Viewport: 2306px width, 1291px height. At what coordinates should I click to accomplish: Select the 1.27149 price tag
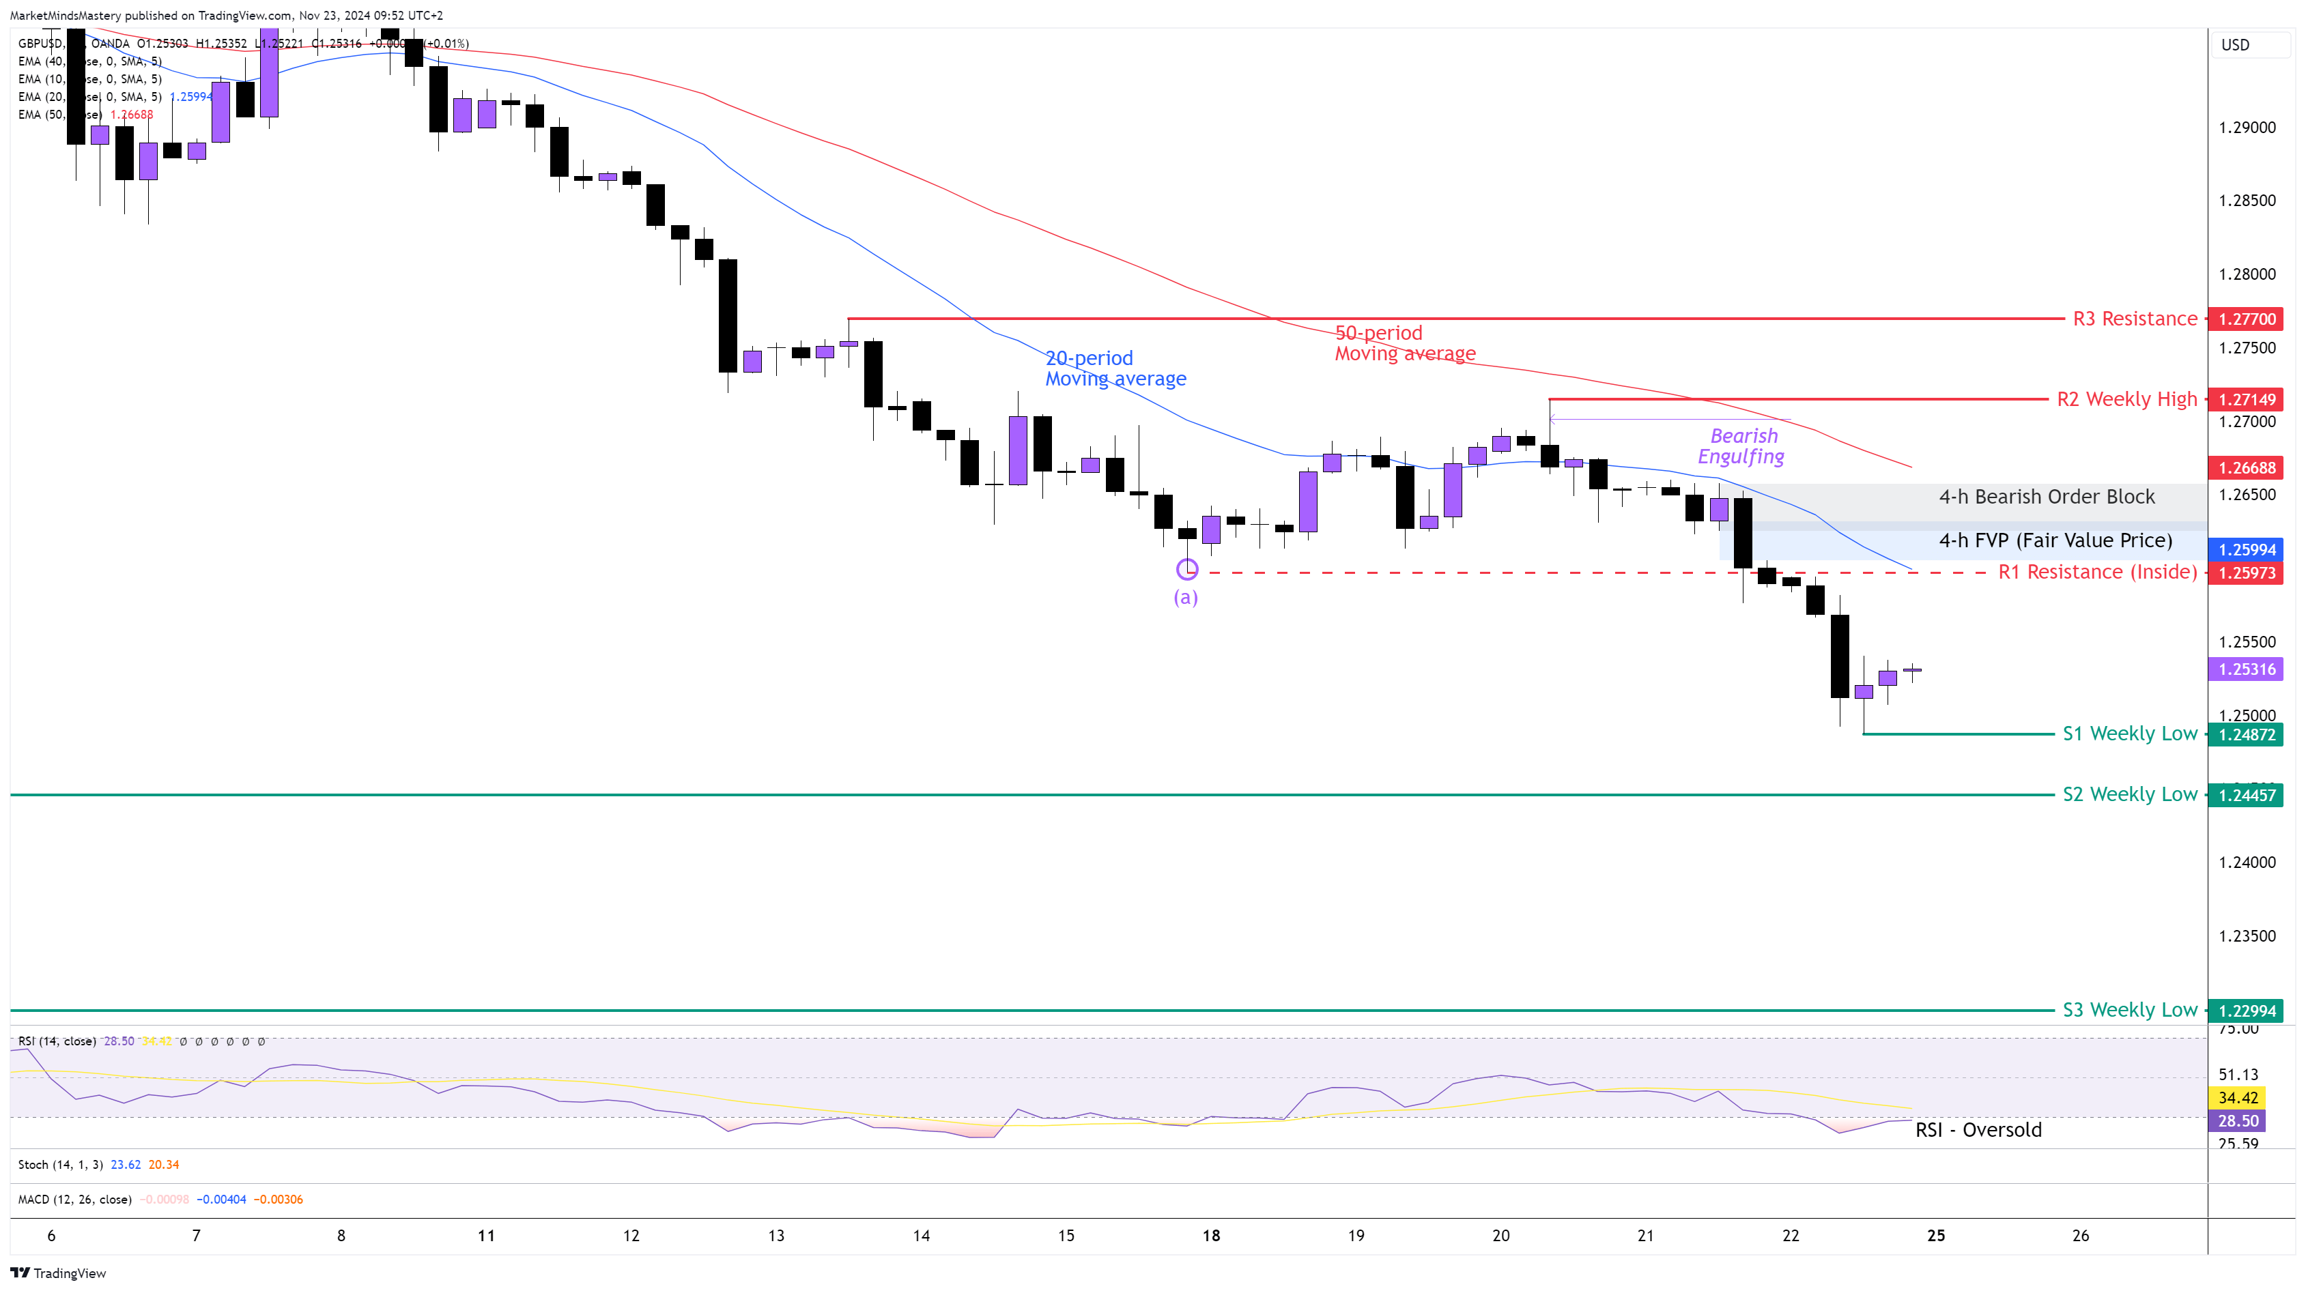tap(2246, 399)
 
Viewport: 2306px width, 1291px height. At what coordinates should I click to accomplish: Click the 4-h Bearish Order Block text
tap(2047, 497)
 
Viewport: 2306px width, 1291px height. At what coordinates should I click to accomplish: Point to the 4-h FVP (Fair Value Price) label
tap(2055, 540)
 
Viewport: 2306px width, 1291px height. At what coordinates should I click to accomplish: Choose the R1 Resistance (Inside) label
tap(2097, 572)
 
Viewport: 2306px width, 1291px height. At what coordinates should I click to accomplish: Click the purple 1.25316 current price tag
tap(2246, 669)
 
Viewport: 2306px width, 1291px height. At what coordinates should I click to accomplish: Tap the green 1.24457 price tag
tap(2246, 796)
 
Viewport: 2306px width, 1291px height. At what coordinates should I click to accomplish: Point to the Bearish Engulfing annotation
tap(1741, 446)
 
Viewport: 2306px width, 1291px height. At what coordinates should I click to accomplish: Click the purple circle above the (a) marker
tap(1187, 569)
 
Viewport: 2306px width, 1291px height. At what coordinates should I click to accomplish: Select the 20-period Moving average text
tap(1115, 368)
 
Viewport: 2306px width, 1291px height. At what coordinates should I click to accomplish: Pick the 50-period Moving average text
tap(1404, 343)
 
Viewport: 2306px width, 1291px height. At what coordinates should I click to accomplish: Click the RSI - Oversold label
tap(1978, 1130)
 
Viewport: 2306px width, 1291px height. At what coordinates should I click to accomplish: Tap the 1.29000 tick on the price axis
tap(2246, 128)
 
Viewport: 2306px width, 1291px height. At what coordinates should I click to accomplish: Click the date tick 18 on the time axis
tap(1211, 1236)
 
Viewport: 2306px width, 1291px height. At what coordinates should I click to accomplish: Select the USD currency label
tap(2235, 45)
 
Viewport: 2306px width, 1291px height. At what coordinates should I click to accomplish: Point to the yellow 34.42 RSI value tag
tap(2238, 1098)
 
